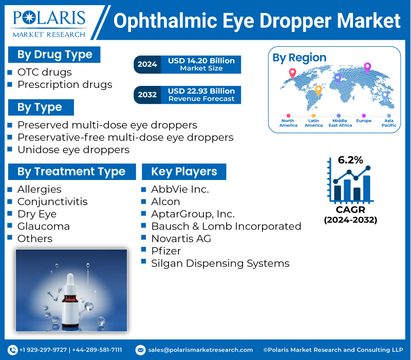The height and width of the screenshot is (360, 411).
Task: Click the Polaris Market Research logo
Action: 49,24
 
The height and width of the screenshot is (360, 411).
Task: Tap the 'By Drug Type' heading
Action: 54,55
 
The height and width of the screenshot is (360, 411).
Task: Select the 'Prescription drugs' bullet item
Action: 65,84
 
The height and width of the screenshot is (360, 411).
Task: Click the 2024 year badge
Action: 147,64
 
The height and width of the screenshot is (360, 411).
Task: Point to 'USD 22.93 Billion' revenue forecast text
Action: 201,91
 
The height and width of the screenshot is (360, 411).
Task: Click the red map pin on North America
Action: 292,74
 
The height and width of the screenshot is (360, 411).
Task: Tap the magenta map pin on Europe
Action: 367,68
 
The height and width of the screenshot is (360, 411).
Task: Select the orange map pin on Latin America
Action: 318,91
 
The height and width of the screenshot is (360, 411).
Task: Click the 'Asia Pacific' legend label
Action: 389,123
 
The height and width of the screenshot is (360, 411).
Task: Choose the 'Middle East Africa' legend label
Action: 340,123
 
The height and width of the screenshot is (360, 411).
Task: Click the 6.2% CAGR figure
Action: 350,160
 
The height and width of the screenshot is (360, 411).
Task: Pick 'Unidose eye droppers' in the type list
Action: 73,150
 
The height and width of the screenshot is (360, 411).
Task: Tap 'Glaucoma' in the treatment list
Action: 44,226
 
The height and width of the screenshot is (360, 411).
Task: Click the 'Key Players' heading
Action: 184,172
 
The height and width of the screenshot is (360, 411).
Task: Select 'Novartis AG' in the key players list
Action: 181,239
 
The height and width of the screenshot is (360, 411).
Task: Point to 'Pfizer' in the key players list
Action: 166,251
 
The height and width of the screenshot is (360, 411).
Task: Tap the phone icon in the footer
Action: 12,350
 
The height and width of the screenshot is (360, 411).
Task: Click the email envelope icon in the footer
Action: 140,350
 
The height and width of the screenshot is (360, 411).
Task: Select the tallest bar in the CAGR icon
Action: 366,188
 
